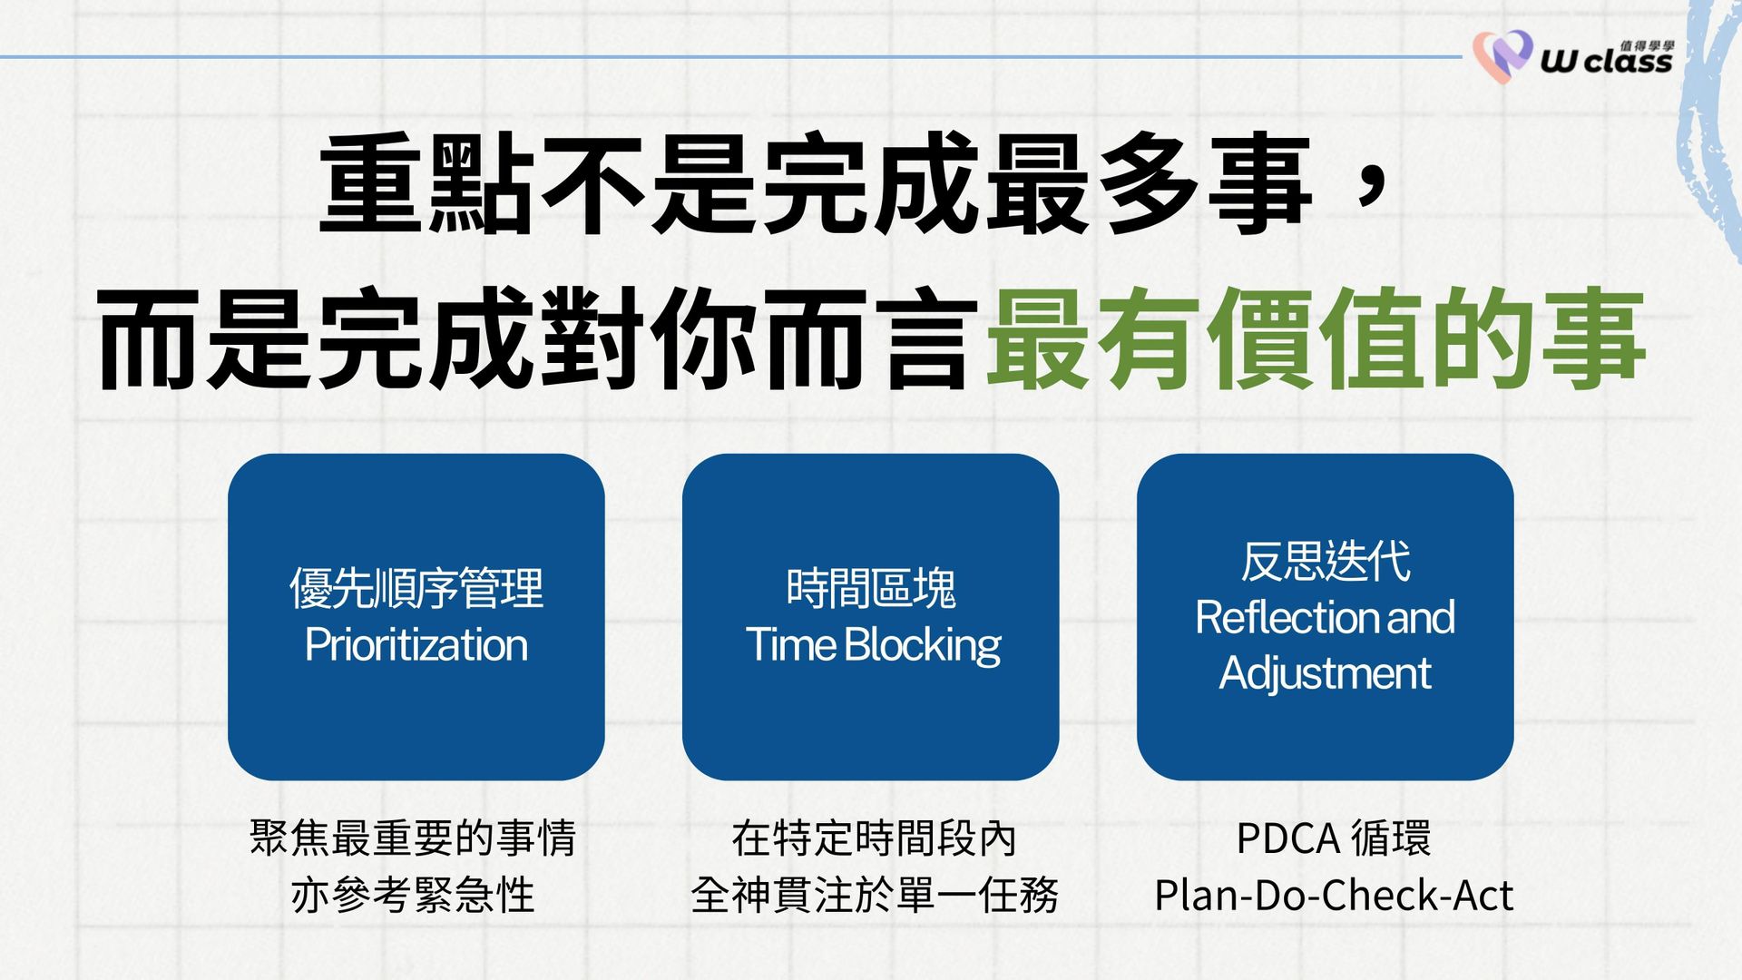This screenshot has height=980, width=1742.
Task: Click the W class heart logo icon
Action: pyautogui.click(x=1502, y=56)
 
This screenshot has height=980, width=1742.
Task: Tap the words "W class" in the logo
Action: pyautogui.click(x=1606, y=62)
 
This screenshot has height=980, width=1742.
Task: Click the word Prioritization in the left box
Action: pyautogui.click(x=416, y=646)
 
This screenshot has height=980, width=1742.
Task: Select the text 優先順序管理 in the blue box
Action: pyautogui.click(x=416, y=588)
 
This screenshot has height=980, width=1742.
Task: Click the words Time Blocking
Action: pyautogui.click(x=873, y=646)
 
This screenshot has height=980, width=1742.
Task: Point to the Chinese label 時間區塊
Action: pyautogui.click(x=871, y=588)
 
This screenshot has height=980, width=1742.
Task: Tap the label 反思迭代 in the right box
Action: pyautogui.click(x=1326, y=561)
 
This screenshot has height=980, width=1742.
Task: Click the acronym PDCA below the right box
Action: pyautogui.click(x=1288, y=839)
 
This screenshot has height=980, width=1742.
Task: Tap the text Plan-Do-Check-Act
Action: pyautogui.click(x=1334, y=896)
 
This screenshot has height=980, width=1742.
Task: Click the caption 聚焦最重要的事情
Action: pyautogui.click(x=413, y=838)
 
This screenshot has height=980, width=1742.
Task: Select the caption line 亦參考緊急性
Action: pyautogui.click(x=413, y=895)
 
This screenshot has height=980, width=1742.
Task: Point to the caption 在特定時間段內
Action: pyautogui.click(x=873, y=838)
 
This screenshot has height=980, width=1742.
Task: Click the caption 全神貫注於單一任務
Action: pyautogui.click(x=874, y=895)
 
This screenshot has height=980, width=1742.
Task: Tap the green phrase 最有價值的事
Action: pyautogui.click(x=1316, y=338)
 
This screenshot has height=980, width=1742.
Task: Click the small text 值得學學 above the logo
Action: pyautogui.click(x=1647, y=45)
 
